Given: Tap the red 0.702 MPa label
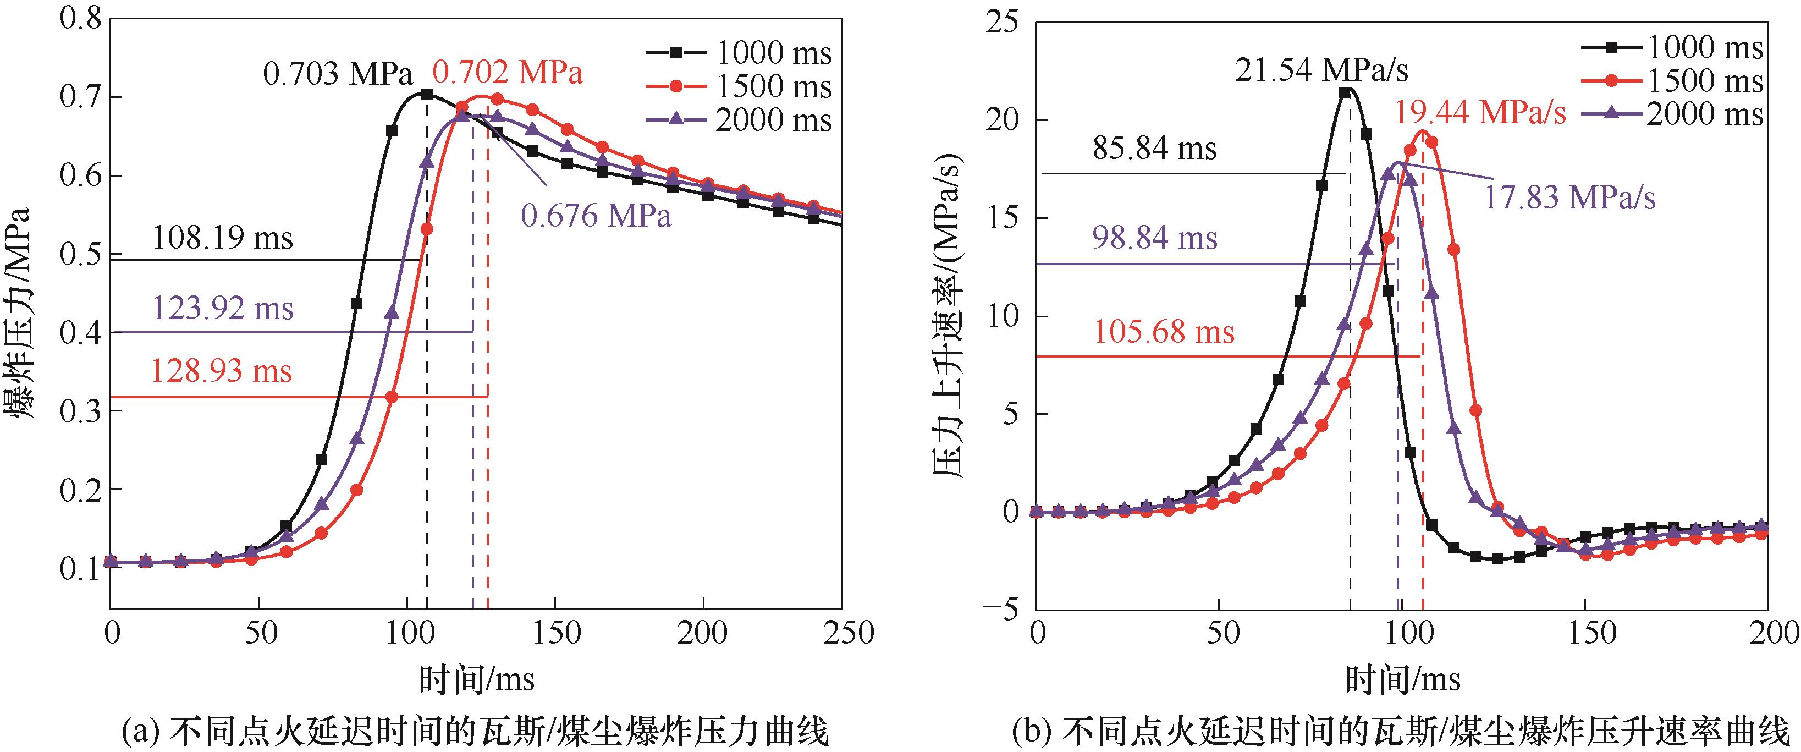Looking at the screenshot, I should click(x=508, y=73).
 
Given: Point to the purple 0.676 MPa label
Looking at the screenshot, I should click(x=596, y=216).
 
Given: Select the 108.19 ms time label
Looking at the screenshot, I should click(x=222, y=239).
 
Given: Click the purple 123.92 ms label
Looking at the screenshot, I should click(x=222, y=309).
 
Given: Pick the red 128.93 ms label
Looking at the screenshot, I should click(x=221, y=371).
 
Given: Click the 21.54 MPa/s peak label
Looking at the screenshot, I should click(x=1321, y=70).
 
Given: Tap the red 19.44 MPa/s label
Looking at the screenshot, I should click(x=1480, y=113).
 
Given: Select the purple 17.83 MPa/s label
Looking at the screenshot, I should click(x=1569, y=199).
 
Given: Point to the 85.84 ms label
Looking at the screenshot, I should click(x=1154, y=149).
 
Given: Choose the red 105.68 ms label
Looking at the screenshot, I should click(x=1164, y=332).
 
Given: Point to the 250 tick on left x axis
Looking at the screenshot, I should click(x=842, y=634).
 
